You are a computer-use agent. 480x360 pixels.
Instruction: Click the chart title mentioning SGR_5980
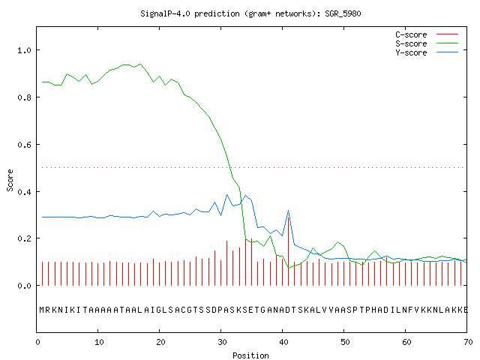click(250, 13)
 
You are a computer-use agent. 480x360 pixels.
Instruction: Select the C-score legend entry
click(427, 34)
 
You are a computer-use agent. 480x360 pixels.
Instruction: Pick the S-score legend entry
click(427, 43)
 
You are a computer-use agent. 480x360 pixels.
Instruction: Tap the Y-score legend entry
click(427, 52)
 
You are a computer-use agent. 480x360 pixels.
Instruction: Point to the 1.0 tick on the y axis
click(24, 50)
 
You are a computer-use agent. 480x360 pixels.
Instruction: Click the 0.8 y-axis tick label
click(24, 97)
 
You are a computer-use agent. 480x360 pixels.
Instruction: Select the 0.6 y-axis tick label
click(24, 145)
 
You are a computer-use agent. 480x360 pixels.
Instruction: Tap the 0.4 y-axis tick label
click(24, 192)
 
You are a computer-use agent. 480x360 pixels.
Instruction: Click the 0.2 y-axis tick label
click(24, 238)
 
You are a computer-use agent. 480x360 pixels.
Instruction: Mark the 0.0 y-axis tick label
click(24, 286)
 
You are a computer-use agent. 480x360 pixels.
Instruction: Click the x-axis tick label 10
click(99, 342)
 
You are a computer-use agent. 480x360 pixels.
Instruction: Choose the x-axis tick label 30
click(222, 342)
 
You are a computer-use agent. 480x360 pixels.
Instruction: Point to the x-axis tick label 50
click(345, 342)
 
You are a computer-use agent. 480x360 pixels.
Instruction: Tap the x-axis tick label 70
click(468, 342)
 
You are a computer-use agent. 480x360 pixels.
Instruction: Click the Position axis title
click(250, 355)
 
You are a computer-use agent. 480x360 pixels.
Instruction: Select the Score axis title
click(10, 180)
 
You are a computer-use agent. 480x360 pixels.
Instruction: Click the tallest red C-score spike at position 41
click(288, 251)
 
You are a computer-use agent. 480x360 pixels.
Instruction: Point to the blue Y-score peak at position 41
click(288, 211)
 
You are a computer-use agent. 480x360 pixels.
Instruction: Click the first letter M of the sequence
click(42, 310)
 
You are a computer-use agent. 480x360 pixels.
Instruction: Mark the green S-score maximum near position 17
click(140, 64)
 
